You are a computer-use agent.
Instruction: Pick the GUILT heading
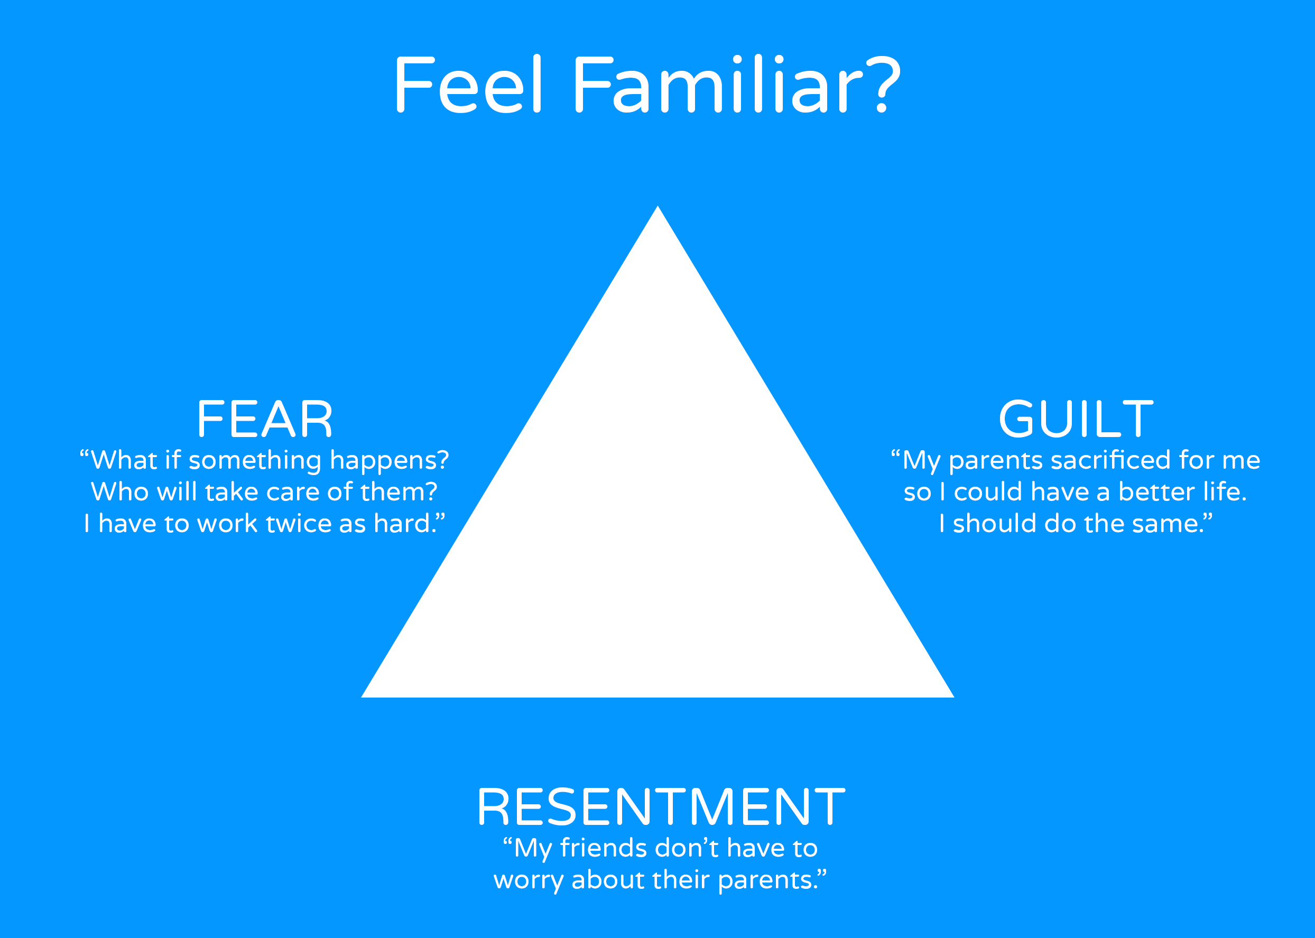pyautogui.click(x=1076, y=419)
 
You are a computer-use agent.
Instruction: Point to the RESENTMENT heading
pyautogui.click(x=661, y=807)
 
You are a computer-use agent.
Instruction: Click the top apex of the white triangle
pyautogui.click(x=658, y=206)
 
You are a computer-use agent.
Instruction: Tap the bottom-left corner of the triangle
pyautogui.click(x=362, y=697)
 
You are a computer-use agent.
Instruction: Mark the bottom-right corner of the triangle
pyautogui.click(x=954, y=697)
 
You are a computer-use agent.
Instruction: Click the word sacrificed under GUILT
pyautogui.click(x=1110, y=460)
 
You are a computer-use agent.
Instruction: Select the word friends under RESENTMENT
pyautogui.click(x=604, y=849)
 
